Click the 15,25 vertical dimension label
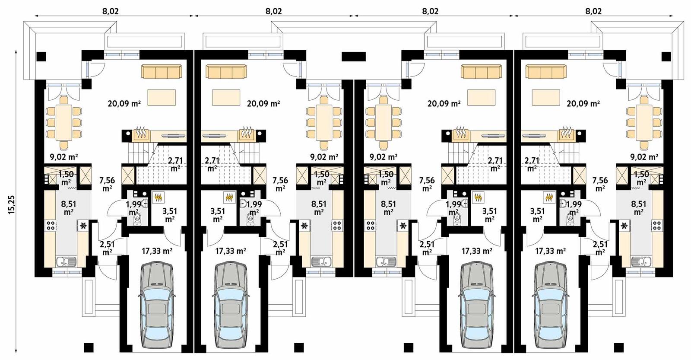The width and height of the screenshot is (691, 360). [x=11, y=204]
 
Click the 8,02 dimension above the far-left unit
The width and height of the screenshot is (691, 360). [x=111, y=12]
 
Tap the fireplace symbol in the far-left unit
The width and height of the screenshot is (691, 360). [x=140, y=134]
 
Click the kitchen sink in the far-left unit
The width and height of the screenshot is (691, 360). [x=67, y=261]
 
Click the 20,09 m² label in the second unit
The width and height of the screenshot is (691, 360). [x=263, y=104]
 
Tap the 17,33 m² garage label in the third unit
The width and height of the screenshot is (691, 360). [x=477, y=251]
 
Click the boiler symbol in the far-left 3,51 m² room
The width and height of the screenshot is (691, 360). [x=158, y=198]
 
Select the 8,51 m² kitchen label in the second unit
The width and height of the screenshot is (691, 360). [x=319, y=207]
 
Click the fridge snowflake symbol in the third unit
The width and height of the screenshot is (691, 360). [x=403, y=226]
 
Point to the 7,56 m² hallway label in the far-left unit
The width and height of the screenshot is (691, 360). [x=107, y=183]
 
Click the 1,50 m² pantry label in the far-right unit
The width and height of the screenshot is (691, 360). [x=641, y=178]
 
